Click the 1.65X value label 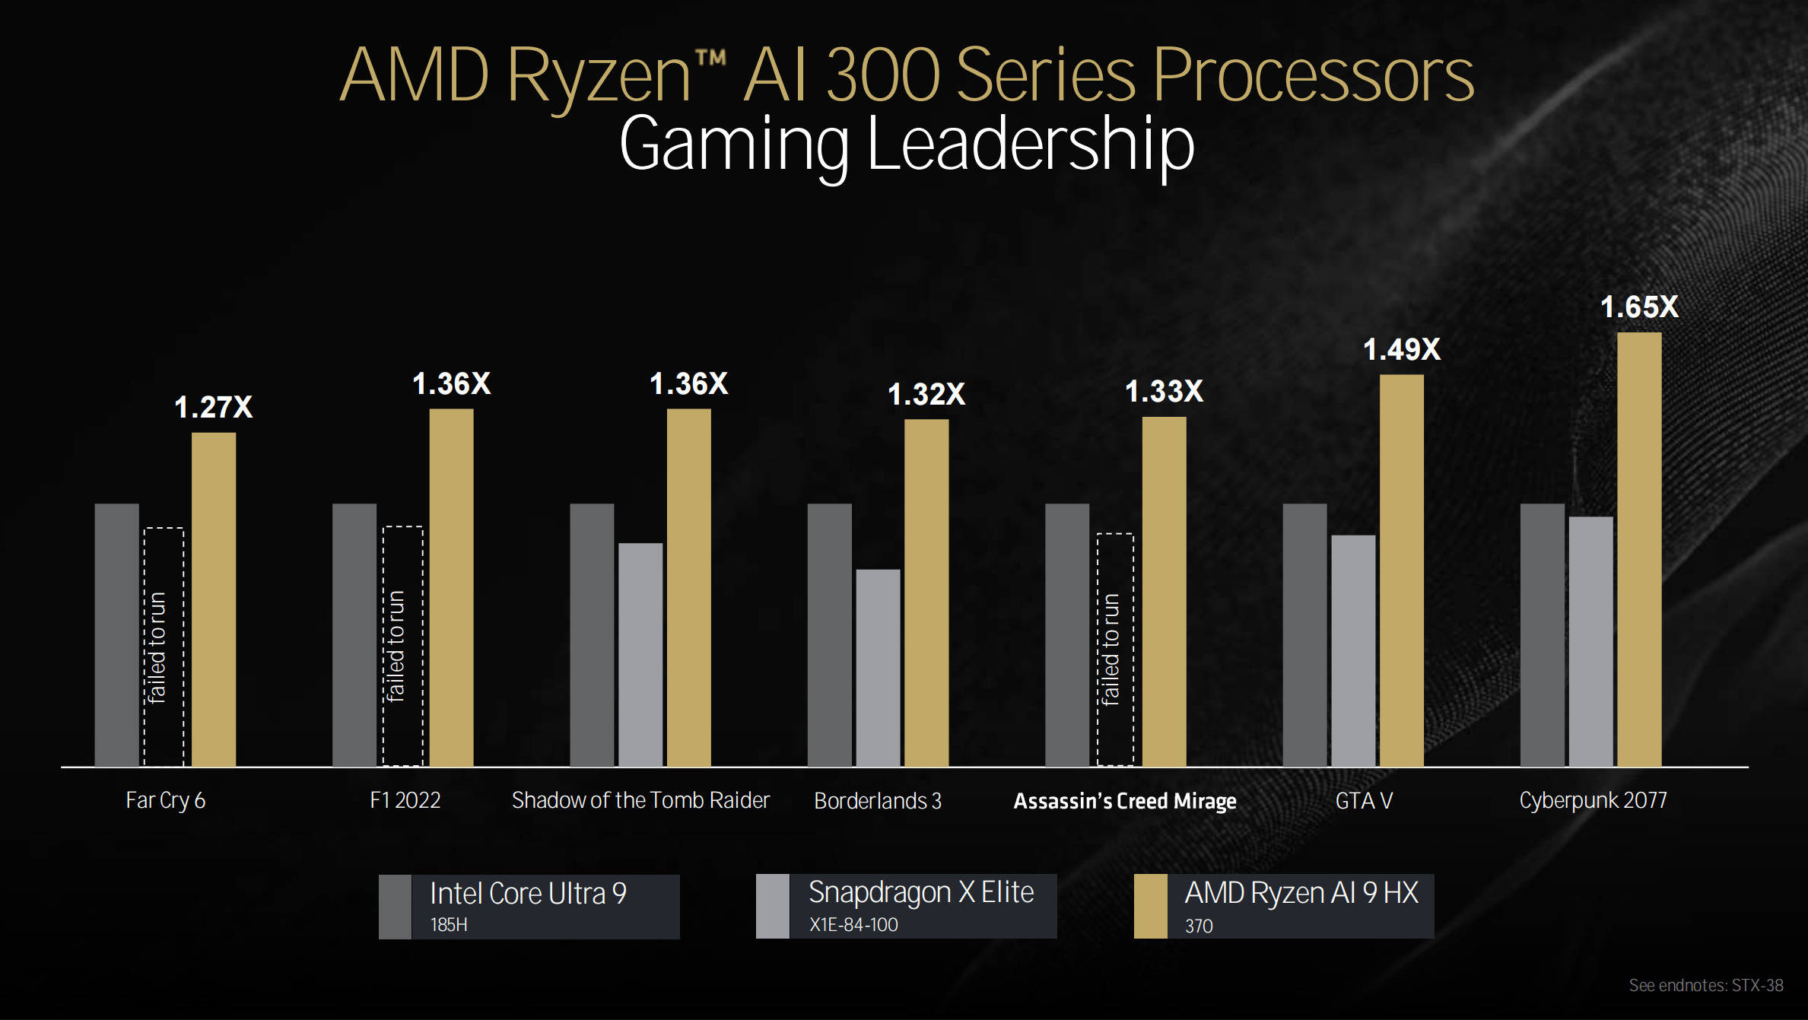point(1639,307)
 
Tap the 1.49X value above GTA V point(1401,350)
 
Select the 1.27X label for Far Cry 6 point(213,408)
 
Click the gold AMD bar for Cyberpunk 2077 point(1639,548)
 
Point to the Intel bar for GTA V point(1304,634)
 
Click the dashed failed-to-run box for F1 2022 point(402,646)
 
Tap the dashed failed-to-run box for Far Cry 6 point(164,647)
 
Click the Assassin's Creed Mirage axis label point(1125,801)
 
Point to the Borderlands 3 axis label point(878,801)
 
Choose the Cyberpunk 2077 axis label point(1593,800)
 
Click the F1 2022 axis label point(405,800)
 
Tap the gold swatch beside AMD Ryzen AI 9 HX point(1150,906)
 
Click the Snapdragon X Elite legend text point(920,892)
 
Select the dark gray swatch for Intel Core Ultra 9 point(395,907)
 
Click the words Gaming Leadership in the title point(907,145)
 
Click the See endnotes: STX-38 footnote point(1705,986)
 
